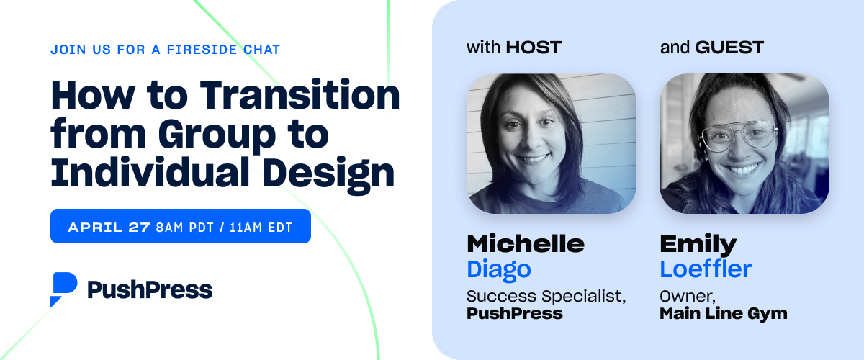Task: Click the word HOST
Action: click(534, 48)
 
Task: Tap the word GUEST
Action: click(729, 48)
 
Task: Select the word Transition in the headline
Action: click(300, 95)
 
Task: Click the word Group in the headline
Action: click(217, 136)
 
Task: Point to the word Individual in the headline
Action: click(150, 172)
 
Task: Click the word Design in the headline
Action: click(328, 175)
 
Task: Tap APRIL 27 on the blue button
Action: click(109, 228)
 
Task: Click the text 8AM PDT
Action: click(184, 228)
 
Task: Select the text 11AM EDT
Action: click(261, 228)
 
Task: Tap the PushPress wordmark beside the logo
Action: click(150, 289)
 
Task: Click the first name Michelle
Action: click(526, 244)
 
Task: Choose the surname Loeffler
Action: click(706, 269)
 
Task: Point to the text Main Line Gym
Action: click(723, 314)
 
